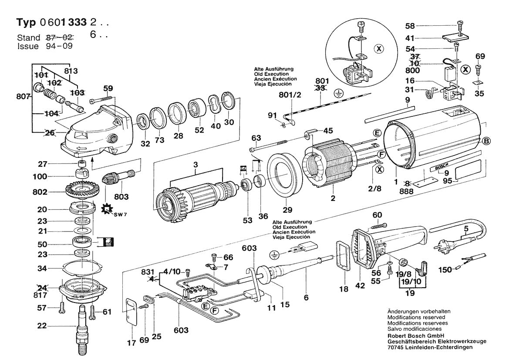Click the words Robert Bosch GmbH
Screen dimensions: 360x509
(x=415, y=336)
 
